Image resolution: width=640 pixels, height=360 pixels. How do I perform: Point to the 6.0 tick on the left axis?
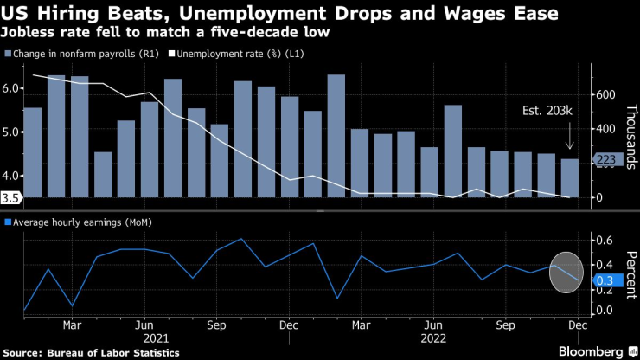pyautogui.click(x=10, y=88)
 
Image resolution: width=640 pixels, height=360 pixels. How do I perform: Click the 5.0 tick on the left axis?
pyautogui.click(x=10, y=132)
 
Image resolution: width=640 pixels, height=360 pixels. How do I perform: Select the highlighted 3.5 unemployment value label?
pyautogui.click(x=10, y=197)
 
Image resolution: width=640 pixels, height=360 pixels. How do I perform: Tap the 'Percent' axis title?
pyautogui.click(x=629, y=273)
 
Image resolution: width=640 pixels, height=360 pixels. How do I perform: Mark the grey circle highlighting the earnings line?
pyautogui.click(x=566, y=272)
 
